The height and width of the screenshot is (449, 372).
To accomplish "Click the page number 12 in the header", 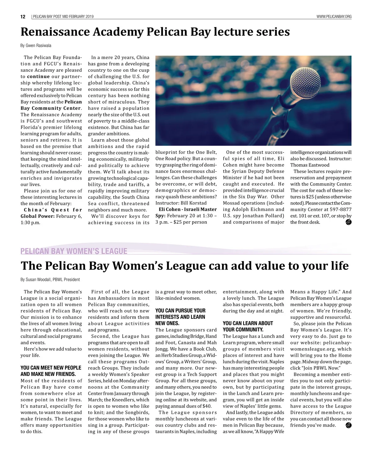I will pos(23,17).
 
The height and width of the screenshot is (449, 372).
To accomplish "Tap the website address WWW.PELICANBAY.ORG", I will pos(334,17).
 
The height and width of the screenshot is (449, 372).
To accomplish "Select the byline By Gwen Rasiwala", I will pos(36,45).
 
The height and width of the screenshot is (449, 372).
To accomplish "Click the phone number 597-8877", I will pos(340,209).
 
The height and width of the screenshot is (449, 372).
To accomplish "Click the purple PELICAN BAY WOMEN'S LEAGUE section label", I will pos(74,251).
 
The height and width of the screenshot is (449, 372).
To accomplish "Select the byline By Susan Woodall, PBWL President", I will pos(50,279).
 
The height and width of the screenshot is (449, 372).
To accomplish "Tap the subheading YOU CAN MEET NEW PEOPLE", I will pos(51,368).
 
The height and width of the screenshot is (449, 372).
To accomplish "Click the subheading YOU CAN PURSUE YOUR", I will pos(180,311).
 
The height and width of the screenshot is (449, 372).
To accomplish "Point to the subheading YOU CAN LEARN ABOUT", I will pos(248,323).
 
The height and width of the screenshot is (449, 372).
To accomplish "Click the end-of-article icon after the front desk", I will pos(348,222).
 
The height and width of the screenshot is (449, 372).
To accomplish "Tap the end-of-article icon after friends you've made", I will pos(348,425).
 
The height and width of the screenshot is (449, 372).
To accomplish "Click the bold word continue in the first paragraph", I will pos(38,76).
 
